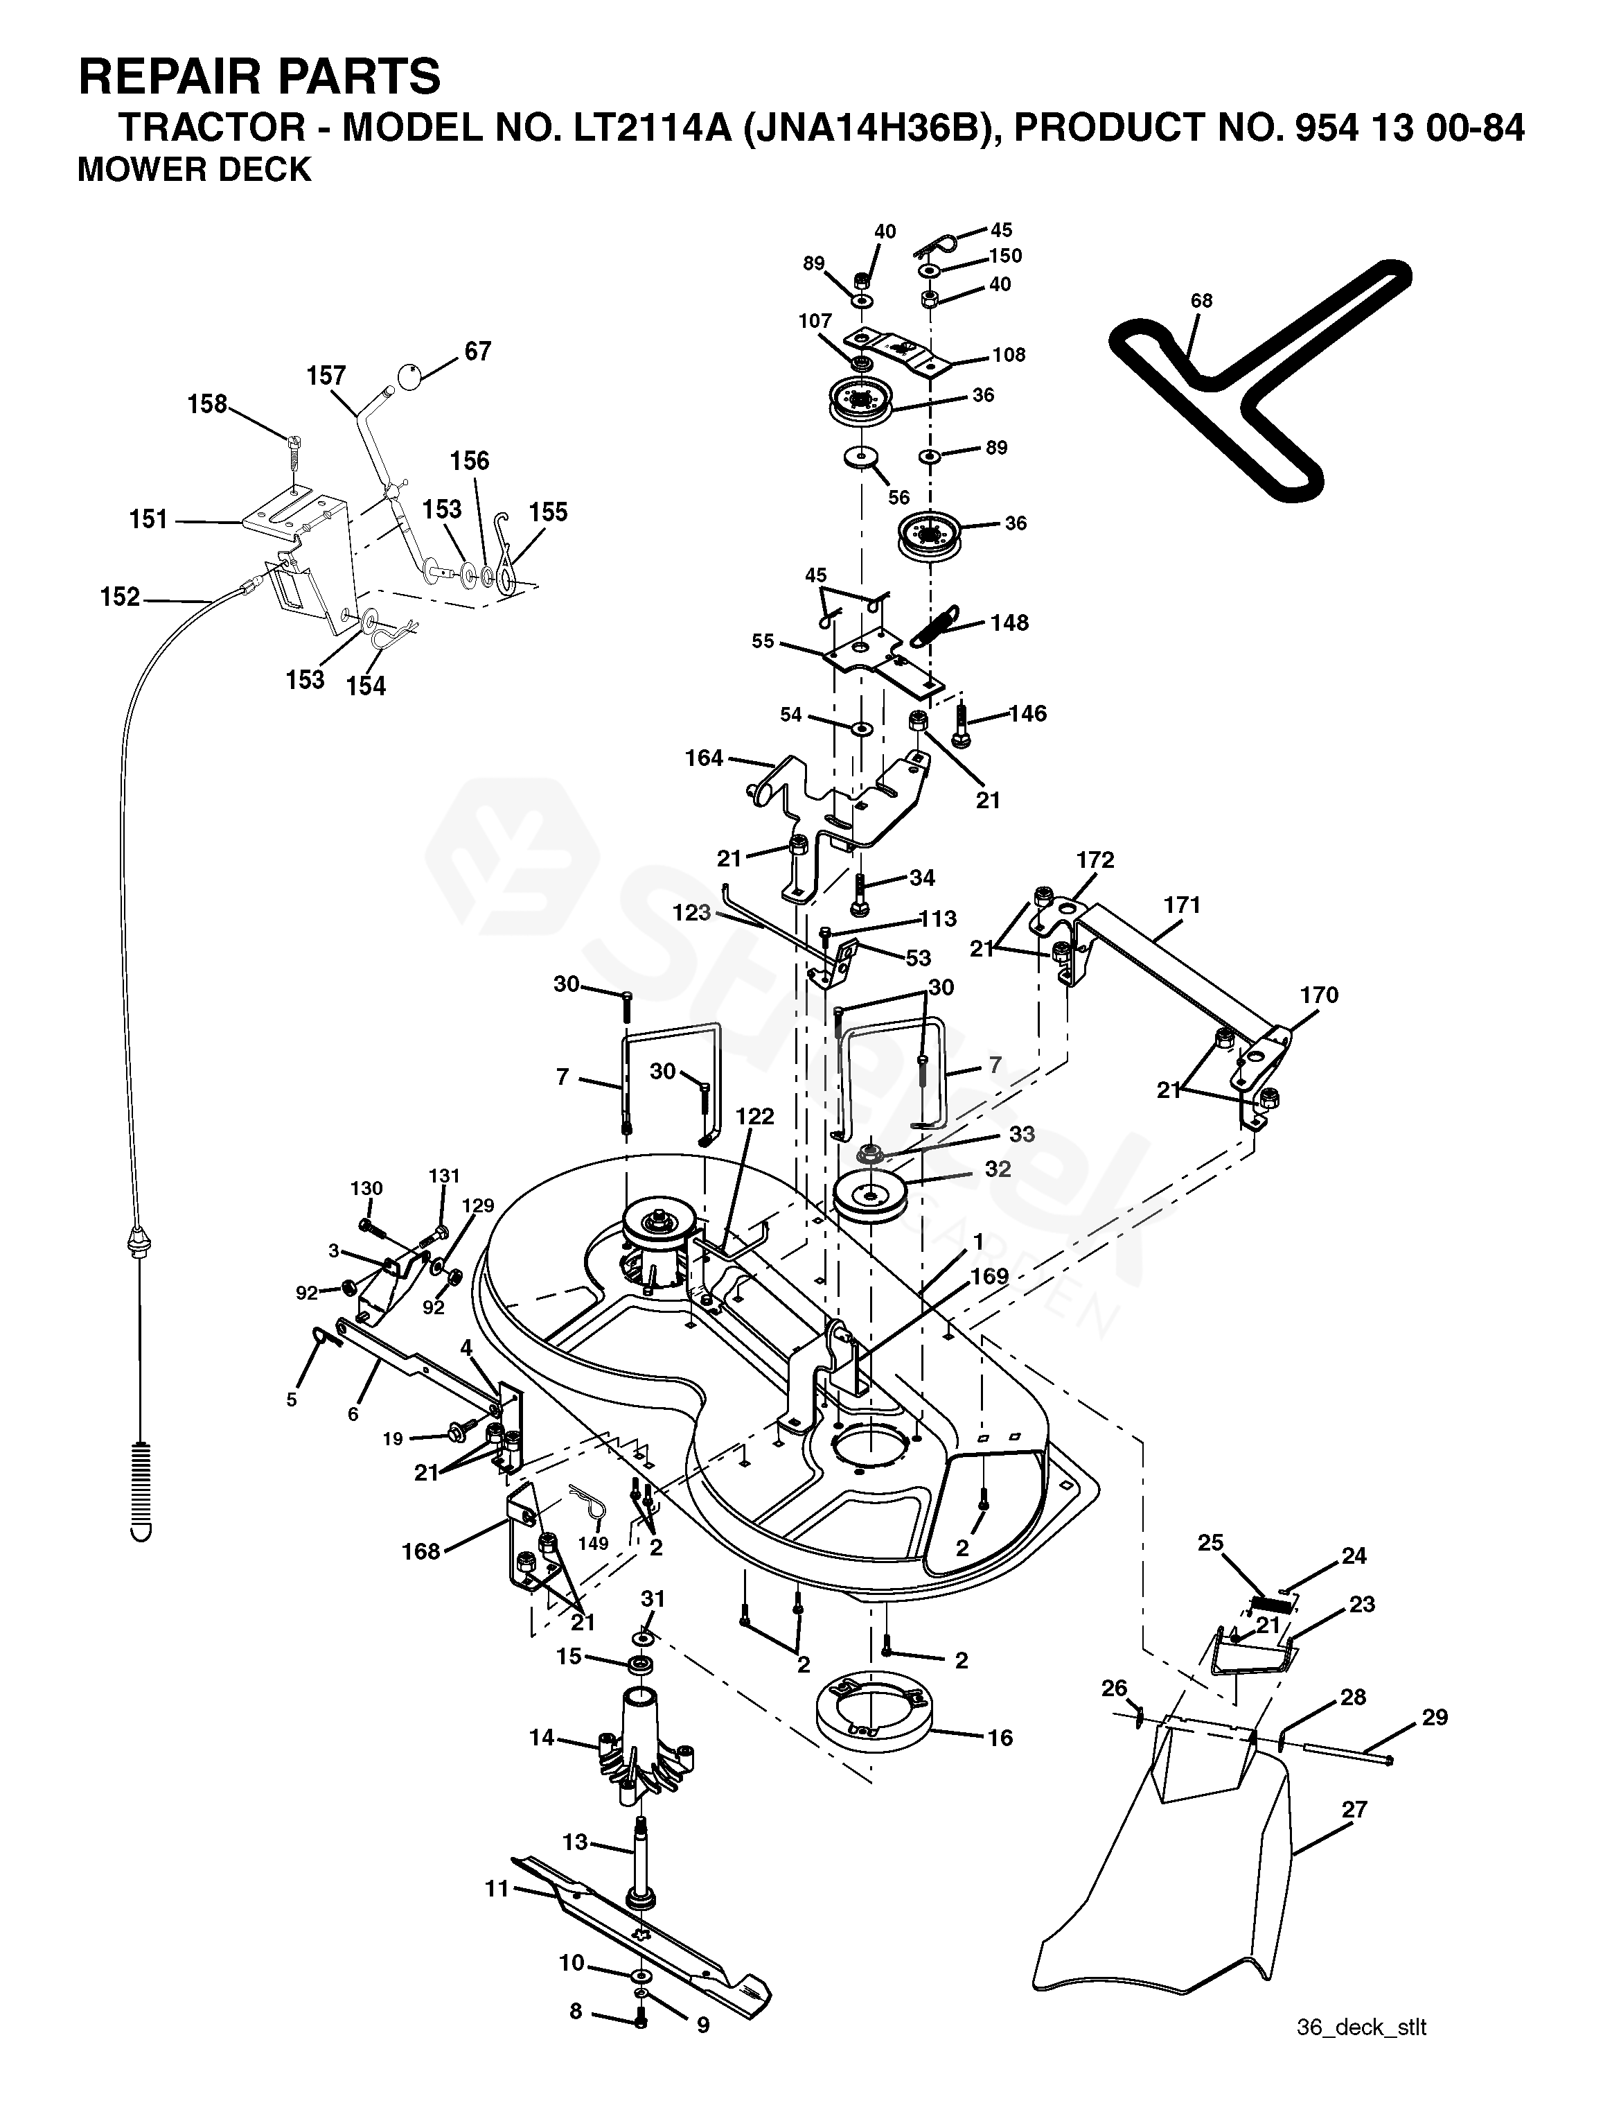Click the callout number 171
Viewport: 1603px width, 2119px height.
coord(1182,905)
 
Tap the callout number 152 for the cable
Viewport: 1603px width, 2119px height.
coord(120,597)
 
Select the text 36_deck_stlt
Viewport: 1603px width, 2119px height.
coord(1362,2073)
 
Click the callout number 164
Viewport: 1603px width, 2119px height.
coord(704,758)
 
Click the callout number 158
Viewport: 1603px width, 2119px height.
coord(207,403)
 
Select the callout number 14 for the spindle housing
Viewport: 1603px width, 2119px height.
coord(542,1736)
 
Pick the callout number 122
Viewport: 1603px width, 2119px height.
coord(754,1116)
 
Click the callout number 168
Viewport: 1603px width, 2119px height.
coord(420,1551)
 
